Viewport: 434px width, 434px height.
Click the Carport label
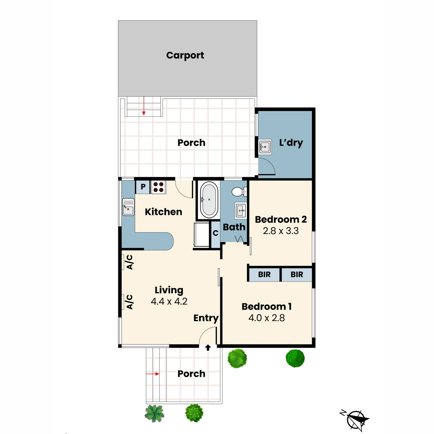(x=185, y=55)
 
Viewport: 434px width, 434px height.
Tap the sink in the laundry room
(x=265, y=147)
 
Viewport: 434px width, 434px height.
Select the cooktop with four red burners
(x=158, y=187)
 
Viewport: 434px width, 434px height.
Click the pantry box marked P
(x=143, y=187)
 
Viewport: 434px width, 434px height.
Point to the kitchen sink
(x=128, y=207)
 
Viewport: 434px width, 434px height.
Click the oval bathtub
(x=209, y=200)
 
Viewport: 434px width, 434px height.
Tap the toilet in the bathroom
(x=239, y=191)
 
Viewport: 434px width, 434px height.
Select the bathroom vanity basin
(x=241, y=210)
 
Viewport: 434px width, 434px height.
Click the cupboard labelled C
(x=216, y=233)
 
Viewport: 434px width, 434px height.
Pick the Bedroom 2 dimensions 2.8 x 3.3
(x=281, y=231)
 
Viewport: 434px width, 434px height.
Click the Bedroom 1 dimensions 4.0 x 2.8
(x=267, y=318)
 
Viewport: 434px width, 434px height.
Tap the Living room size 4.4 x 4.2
(x=169, y=301)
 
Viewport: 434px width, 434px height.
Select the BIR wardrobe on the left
(x=264, y=275)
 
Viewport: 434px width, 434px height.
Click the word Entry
(x=205, y=318)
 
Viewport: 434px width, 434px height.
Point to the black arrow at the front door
(x=208, y=348)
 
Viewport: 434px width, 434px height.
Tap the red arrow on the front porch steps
(x=153, y=374)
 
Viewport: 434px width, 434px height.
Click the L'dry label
(x=291, y=142)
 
